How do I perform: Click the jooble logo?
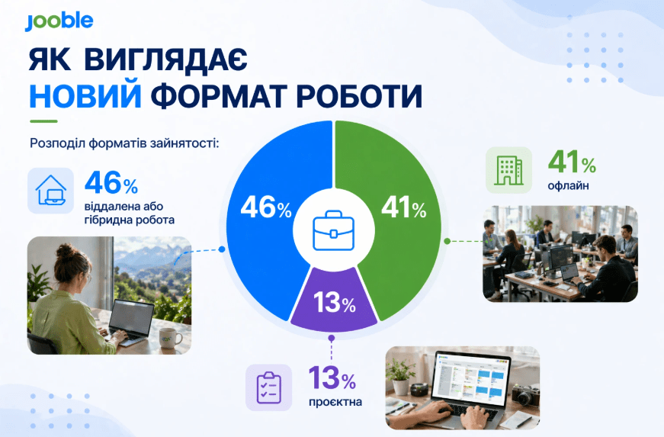[x=59, y=21]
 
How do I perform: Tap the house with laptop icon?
[x=51, y=191]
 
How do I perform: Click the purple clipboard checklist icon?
[x=268, y=387]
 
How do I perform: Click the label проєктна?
[x=336, y=402]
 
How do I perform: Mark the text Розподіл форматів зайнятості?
[x=123, y=143]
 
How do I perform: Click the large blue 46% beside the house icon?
[x=111, y=185]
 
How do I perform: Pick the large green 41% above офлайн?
[x=572, y=162]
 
